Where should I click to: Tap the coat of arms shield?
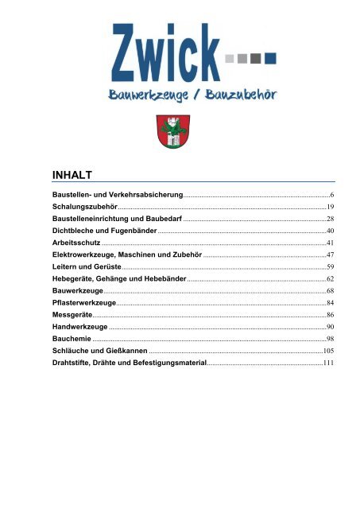tap(179, 130)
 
